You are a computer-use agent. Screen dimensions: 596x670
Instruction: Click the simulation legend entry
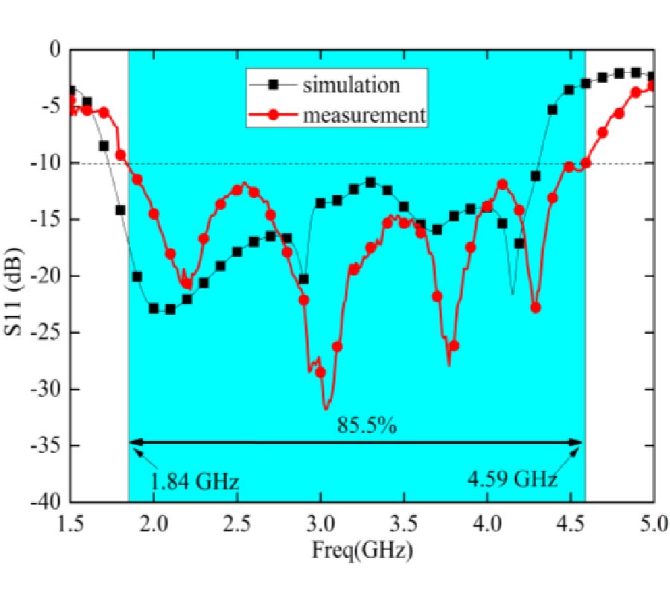(x=351, y=85)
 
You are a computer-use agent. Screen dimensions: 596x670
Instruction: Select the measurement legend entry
(x=364, y=115)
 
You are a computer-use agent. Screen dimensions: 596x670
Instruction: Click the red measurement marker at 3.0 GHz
(x=320, y=372)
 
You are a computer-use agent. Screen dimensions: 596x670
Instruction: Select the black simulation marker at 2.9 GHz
(x=304, y=279)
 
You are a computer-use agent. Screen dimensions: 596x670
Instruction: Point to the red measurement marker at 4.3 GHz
(x=535, y=308)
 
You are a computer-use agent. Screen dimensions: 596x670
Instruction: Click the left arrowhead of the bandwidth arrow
(x=135, y=443)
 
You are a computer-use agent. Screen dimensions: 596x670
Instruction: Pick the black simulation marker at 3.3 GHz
(x=370, y=183)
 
